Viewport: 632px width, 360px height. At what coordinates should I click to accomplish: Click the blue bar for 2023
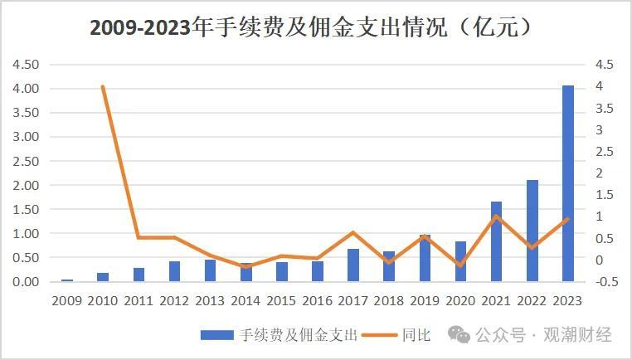tap(568, 183)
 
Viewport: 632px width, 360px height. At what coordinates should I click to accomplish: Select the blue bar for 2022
tap(532, 231)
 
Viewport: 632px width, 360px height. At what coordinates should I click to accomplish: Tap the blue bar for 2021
tap(496, 241)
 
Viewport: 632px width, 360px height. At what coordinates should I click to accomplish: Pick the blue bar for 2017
tap(353, 265)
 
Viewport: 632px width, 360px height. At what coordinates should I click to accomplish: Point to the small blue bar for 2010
tap(103, 277)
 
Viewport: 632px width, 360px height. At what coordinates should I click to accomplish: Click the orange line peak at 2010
tap(103, 86)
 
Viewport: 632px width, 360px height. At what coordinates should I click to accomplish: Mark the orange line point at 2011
tap(139, 237)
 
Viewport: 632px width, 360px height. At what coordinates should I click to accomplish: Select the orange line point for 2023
tap(567, 219)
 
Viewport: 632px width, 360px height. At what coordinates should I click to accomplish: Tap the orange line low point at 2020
tap(460, 265)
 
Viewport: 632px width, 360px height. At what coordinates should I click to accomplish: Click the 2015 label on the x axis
tap(281, 301)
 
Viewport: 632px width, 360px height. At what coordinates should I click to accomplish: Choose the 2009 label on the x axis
tap(67, 301)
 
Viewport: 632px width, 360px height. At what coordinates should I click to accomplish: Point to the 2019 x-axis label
tap(425, 301)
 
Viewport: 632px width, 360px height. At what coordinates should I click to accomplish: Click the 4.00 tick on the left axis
tap(26, 88)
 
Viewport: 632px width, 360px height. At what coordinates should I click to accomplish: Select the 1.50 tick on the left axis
tap(26, 209)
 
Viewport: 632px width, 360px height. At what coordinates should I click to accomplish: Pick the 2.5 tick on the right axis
tap(605, 152)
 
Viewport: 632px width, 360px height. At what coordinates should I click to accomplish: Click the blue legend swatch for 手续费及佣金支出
tap(216, 335)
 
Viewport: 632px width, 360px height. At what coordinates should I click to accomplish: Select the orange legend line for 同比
tap(380, 335)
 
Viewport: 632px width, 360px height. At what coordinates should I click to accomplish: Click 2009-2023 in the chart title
tap(140, 28)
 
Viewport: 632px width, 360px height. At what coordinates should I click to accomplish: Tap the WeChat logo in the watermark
tap(459, 334)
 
